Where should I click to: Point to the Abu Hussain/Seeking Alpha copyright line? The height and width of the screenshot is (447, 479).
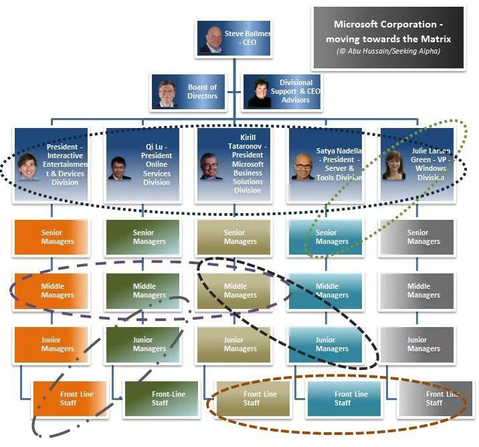click(389, 51)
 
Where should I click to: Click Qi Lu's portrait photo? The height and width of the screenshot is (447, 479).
click(120, 168)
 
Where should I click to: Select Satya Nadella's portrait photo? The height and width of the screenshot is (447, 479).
click(302, 167)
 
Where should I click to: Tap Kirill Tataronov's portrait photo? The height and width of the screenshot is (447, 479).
click(210, 166)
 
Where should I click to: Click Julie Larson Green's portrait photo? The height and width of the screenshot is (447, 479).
click(393, 166)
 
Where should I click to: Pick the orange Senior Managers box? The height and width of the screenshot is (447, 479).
click(51, 237)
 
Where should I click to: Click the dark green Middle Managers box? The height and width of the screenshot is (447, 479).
click(142, 291)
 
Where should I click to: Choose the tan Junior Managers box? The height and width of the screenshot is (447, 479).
click(234, 344)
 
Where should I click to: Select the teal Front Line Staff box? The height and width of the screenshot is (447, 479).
click(343, 399)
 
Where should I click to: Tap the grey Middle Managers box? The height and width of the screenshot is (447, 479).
click(416, 291)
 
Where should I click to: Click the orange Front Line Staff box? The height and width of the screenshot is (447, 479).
click(70, 399)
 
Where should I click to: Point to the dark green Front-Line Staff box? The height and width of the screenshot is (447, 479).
click(161, 399)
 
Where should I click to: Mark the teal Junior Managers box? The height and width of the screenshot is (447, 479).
click(325, 344)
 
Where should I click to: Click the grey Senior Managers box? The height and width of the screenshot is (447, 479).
click(416, 237)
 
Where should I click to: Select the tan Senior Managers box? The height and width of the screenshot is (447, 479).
click(234, 237)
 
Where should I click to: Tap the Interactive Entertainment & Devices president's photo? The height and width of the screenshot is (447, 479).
click(29, 166)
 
